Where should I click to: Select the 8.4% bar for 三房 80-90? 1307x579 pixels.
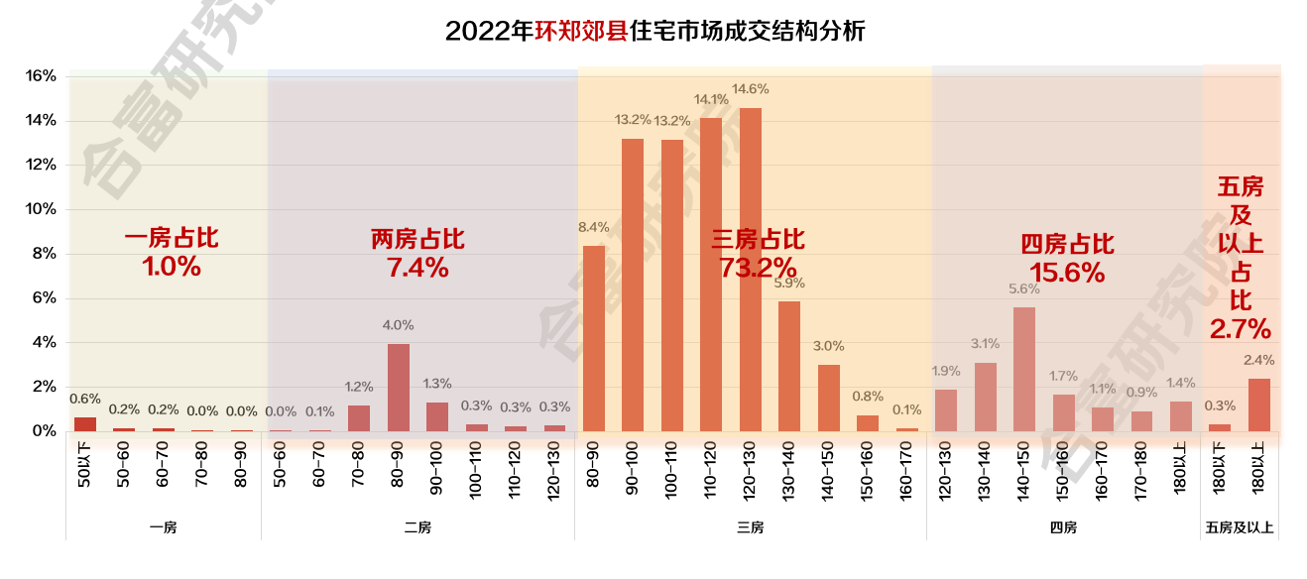tap(593, 338)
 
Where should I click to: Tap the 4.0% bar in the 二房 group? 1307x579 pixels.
tap(398, 388)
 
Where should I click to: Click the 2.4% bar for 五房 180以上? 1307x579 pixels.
tap(1258, 405)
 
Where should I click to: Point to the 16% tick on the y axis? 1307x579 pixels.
tap(41, 76)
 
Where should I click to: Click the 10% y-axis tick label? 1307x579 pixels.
tap(41, 209)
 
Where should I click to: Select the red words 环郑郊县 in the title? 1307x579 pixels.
tap(580, 31)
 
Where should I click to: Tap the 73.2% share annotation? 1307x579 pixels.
tap(758, 268)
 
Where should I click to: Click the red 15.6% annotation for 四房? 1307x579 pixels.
tap(1067, 273)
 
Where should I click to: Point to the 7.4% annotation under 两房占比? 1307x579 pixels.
tap(417, 267)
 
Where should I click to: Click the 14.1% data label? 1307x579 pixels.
tap(710, 99)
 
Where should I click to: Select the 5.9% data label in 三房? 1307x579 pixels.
tap(788, 283)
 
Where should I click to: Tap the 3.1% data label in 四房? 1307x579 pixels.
tap(985, 344)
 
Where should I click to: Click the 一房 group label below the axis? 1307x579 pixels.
tap(164, 527)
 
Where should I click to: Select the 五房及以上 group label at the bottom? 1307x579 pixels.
tap(1240, 527)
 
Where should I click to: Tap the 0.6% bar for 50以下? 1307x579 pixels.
tap(85, 424)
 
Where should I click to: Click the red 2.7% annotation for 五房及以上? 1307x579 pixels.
tap(1240, 328)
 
